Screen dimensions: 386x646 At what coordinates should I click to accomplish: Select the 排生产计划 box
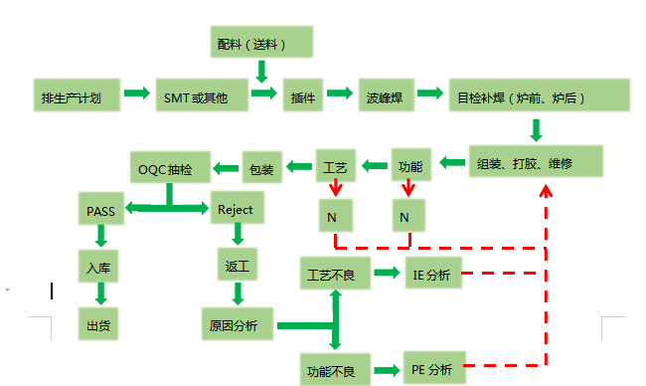(x=78, y=96)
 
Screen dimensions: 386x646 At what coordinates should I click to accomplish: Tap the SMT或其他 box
(x=197, y=96)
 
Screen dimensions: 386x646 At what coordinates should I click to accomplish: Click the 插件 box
(x=303, y=96)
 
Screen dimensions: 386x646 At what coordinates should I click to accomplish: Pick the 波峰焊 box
(x=383, y=96)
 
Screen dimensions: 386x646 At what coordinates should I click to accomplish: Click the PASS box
(x=99, y=209)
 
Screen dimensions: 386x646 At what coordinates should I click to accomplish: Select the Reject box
(x=236, y=209)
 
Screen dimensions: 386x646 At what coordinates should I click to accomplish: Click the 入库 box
(x=99, y=268)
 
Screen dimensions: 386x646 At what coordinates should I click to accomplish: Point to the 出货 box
(x=99, y=324)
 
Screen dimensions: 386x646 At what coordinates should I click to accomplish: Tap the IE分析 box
(x=432, y=272)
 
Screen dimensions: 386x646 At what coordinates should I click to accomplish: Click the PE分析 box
(x=432, y=369)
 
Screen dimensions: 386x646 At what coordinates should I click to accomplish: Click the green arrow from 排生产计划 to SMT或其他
(x=137, y=96)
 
